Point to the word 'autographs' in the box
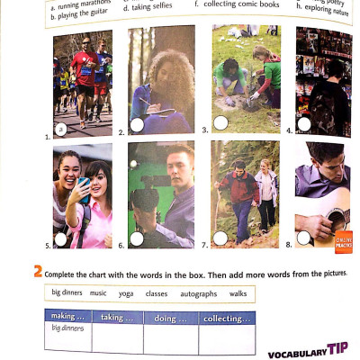pos(198,293)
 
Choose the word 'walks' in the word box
pos(238,293)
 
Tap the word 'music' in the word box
pos(98,293)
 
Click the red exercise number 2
pos(38,271)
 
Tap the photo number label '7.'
pos(205,245)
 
